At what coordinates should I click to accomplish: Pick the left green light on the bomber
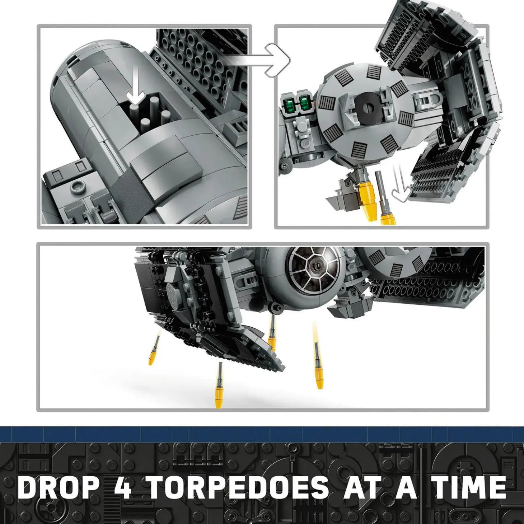click(x=290, y=104)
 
